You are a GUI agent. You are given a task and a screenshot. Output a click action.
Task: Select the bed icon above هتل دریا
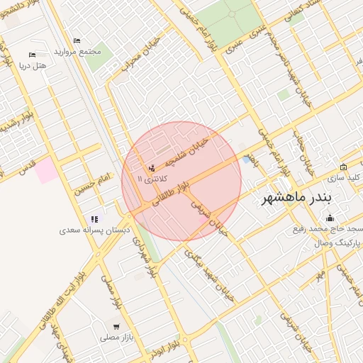[x=32, y=55]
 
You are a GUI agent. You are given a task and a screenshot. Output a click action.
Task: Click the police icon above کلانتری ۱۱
[x=151, y=168]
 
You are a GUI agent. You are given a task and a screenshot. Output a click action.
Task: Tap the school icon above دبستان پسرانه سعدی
[x=94, y=218]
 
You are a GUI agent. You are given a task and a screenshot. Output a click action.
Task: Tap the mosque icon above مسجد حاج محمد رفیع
[x=329, y=218]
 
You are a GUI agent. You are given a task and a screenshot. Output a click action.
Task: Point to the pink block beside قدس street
[x=48, y=171]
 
